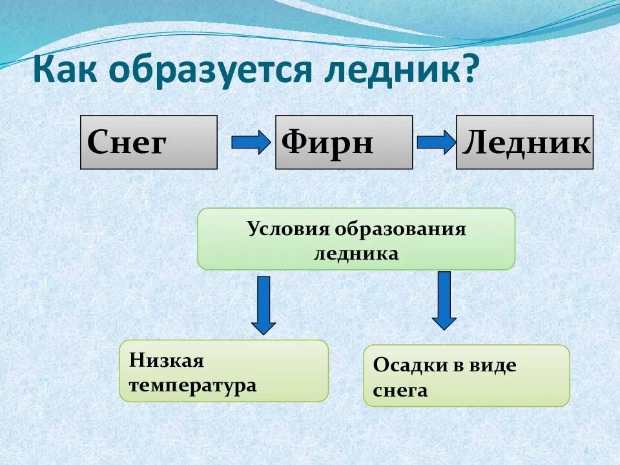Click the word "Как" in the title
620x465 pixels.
(x=65, y=70)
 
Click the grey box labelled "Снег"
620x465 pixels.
(x=149, y=142)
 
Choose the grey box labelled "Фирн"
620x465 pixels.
(x=344, y=142)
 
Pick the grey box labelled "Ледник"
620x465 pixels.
(x=524, y=142)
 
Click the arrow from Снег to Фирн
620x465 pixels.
(x=250, y=142)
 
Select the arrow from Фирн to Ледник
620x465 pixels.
(x=436, y=142)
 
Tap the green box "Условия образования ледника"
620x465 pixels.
(x=356, y=239)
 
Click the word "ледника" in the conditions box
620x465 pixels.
(x=356, y=253)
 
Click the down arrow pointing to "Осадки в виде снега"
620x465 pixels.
(x=444, y=300)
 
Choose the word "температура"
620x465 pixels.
(x=192, y=386)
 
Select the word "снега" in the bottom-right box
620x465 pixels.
(x=400, y=390)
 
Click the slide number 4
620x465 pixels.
(x=586, y=451)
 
